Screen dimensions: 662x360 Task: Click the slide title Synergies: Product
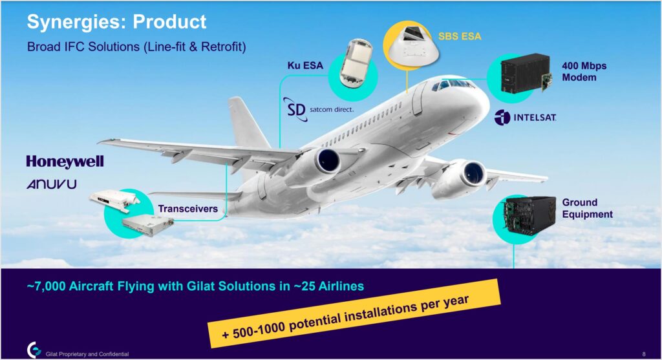click(x=116, y=22)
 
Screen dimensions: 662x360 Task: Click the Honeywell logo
click(x=65, y=162)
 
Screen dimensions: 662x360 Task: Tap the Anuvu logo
click(x=52, y=184)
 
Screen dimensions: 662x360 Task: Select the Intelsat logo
click(x=525, y=118)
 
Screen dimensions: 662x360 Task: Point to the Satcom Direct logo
click(x=318, y=109)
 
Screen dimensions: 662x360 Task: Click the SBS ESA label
click(x=460, y=36)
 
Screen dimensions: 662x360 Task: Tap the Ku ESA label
click(x=305, y=65)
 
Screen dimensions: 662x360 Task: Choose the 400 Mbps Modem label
click(x=584, y=71)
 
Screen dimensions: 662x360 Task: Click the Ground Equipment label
click(x=587, y=208)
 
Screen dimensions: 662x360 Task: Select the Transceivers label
click(x=188, y=209)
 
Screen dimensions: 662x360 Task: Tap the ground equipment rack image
click(x=529, y=216)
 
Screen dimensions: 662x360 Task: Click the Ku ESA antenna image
click(x=356, y=63)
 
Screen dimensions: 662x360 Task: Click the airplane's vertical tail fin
click(x=248, y=122)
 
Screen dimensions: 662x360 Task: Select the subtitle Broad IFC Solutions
click(x=136, y=47)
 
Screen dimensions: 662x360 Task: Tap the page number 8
click(x=644, y=354)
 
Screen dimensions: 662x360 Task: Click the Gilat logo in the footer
click(x=34, y=350)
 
